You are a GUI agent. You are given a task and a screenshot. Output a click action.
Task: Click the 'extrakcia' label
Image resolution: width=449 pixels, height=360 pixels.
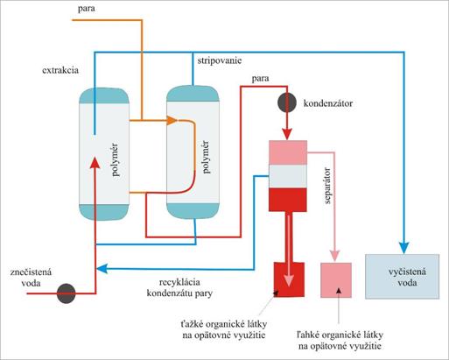pyautogui.click(x=60, y=70)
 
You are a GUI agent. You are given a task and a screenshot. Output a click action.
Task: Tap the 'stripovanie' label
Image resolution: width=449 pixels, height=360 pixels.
pyautogui.click(x=220, y=61)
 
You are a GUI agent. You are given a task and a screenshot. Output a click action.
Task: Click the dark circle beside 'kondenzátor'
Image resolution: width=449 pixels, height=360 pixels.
pyautogui.click(x=287, y=103)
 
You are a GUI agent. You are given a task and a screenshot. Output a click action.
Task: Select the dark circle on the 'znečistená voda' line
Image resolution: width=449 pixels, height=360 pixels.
pyautogui.click(x=66, y=293)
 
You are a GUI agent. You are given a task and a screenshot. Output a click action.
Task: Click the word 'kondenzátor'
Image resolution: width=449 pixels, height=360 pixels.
pyautogui.click(x=328, y=103)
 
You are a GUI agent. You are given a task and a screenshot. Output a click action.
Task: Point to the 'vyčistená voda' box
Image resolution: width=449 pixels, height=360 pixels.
pyautogui.click(x=403, y=277)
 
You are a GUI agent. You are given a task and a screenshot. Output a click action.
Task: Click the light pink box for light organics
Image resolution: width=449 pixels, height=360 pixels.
pyautogui.click(x=336, y=280)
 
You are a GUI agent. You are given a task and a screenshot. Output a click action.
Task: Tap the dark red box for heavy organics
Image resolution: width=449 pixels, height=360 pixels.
pyautogui.click(x=289, y=279)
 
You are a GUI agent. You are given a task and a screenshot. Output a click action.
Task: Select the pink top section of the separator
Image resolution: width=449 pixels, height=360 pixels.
pyautogui.click(x=288, y=152)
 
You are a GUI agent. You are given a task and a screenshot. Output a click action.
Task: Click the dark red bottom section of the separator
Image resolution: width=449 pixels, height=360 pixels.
pyautogui.click(x=288, y=200)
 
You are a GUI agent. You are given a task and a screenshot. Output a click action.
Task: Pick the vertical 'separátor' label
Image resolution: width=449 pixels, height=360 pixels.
pyautogui.click(x=327, y=186)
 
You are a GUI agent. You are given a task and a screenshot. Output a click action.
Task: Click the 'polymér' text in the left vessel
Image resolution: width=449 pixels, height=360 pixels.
pyautogui.click(x=116, y=159)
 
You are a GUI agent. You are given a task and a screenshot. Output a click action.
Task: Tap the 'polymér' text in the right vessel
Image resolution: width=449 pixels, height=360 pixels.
pyautogui.click(x=206, y=157)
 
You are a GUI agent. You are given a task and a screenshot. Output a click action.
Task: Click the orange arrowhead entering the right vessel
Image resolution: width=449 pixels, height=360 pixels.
pyautogui.click(x=172, y=120)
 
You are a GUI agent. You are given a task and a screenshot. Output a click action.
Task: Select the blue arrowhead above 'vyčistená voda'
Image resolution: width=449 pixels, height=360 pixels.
pyautogui.click(x=404, y=248)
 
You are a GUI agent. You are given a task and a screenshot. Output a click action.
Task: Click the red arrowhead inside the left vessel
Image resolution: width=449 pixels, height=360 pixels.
pyautogui.click(x=95, y=163)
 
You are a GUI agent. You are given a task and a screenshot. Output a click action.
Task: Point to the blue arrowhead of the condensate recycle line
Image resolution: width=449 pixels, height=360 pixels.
pyautogui.click(x=102, y=269)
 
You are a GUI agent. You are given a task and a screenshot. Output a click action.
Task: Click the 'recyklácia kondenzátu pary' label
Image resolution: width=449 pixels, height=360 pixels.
pyautogui.click(x=179, y=288)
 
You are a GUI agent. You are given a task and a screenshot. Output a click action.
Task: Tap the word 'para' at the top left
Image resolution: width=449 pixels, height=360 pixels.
pyautogui.click(x=86, y=9)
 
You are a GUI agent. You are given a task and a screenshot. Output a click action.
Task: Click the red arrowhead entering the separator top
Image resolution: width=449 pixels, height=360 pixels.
pyautogui.click(x=287, y=135)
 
